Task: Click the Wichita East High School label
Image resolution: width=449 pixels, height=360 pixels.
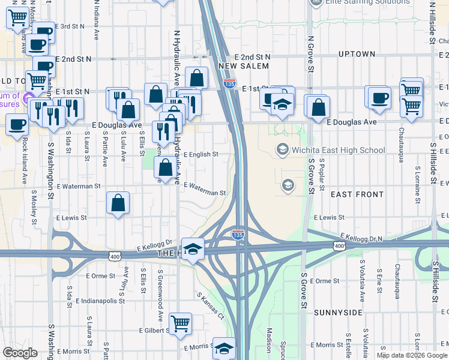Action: [338, 150]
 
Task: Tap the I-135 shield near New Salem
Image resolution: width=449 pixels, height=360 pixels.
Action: [229, 83]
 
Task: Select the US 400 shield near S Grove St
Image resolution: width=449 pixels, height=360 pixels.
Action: [340, 246]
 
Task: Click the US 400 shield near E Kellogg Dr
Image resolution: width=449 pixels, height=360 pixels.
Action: [114, 257]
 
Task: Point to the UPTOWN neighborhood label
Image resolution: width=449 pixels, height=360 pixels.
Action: [357, 54]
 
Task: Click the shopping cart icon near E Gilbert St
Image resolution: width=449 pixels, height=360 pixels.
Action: [180, 325]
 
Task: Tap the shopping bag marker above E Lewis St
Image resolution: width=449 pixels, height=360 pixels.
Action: [119, 202]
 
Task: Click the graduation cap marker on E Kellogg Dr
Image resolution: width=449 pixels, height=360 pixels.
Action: [193, 248]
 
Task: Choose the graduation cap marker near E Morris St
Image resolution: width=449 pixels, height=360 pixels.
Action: [224, 347]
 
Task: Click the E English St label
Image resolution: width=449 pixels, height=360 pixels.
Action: [200, 154]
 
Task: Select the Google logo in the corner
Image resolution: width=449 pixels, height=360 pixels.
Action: [20, 353]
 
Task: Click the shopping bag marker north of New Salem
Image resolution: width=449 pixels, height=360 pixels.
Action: [197, 77]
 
